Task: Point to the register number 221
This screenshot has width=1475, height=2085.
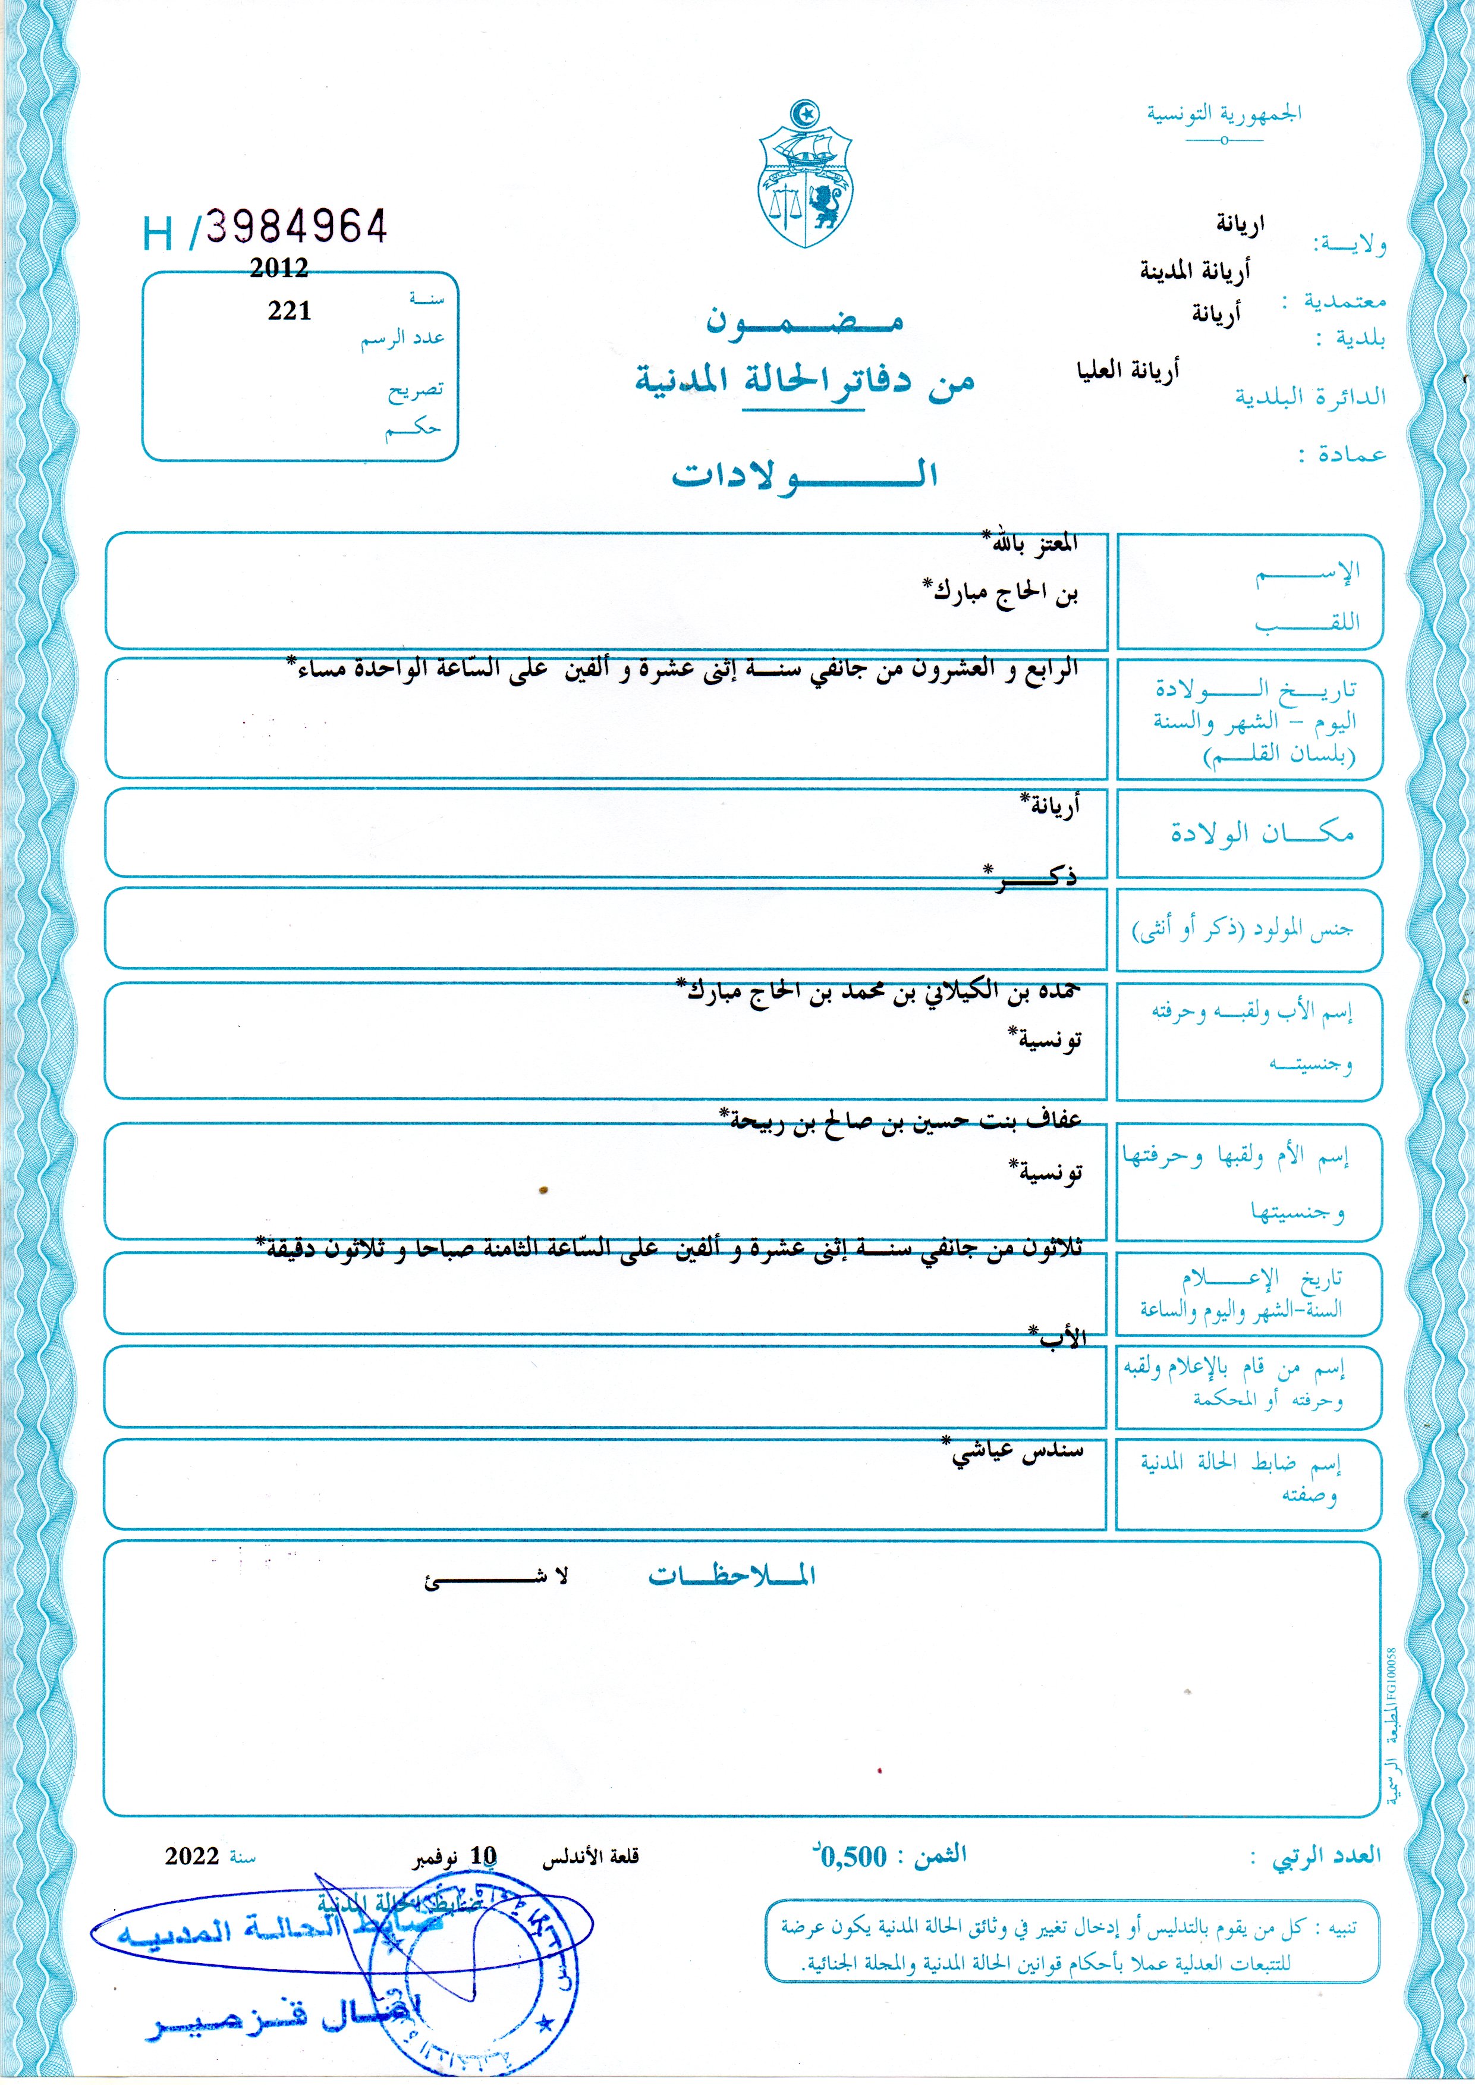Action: click(x=290, y=312)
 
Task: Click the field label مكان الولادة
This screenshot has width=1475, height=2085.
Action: click(x=1262, y=834)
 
